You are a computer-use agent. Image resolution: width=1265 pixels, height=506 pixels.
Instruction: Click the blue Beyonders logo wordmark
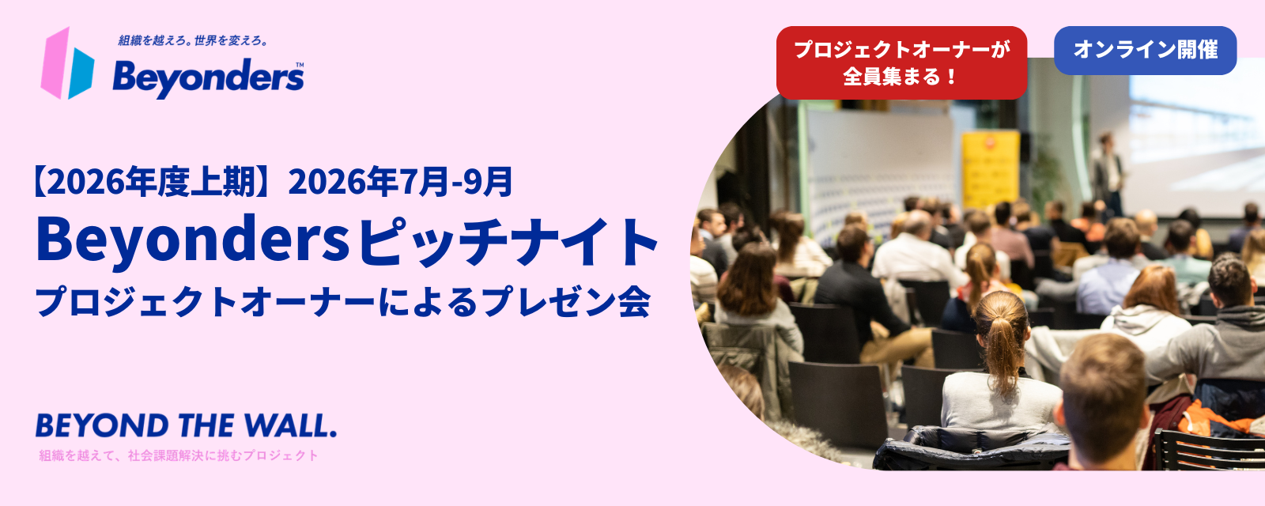[x=208, y=78]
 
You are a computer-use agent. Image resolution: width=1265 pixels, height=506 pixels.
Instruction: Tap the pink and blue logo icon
[x=67, y=63]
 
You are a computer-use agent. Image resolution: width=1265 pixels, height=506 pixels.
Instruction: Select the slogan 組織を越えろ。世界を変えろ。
[x=193, y=40]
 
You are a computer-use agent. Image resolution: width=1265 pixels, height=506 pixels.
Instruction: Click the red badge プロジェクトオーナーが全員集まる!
[x=901, y=62]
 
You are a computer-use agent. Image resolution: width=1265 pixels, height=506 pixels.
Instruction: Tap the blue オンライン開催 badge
[x=1146, y=51]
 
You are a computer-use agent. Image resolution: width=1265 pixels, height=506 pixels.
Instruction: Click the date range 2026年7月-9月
[x=400, y=182]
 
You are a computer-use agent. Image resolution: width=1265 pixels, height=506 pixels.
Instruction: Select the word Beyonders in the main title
[x=193, y=240]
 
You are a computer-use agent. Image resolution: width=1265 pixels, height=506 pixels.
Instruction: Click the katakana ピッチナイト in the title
[x=508, y=242]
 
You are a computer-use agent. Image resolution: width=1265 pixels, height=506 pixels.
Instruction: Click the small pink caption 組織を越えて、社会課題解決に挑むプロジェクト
[x=179, y=455]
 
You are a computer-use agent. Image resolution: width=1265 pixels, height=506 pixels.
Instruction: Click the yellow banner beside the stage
[x=990, y=169]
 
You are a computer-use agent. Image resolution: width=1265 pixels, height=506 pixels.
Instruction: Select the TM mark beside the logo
[x=300, y=65]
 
